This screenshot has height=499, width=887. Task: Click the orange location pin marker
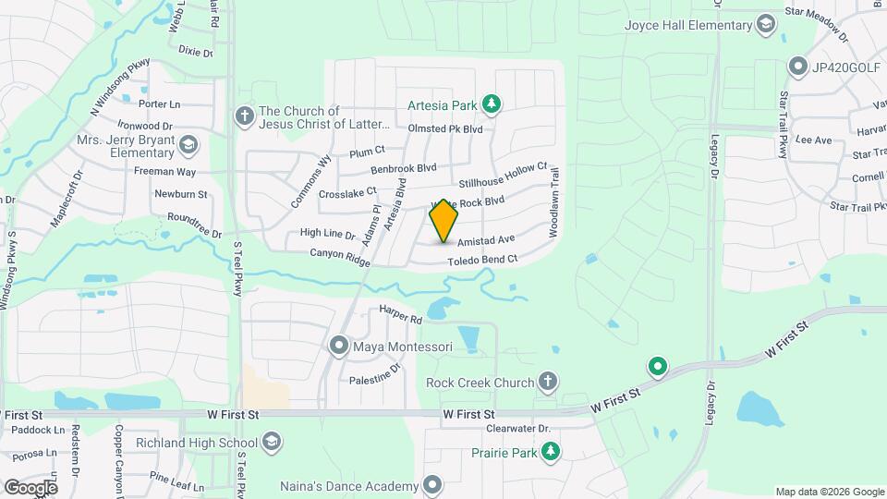444,221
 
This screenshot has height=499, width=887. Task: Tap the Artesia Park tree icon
493,103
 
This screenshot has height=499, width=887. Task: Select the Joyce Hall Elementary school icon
765,23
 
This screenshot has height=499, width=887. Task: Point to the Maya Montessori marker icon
339,347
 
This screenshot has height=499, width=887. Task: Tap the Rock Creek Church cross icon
548,382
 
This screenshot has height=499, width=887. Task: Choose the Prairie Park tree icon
551,450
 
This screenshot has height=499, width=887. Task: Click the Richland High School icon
271,443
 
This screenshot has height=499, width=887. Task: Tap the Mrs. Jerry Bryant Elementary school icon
188,145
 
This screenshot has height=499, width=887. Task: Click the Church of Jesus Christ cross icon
245,116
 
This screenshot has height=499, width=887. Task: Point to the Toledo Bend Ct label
481,260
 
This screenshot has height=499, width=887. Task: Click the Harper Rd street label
400,316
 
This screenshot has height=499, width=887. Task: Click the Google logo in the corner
30,487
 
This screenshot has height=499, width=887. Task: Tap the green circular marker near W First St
658,368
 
